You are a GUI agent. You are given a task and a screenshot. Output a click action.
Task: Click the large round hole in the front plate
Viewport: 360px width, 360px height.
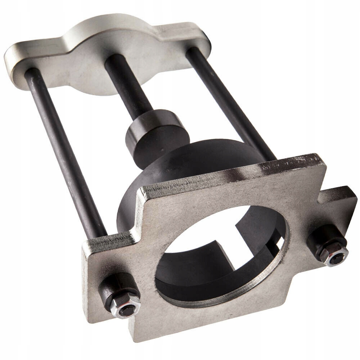pos(216,259)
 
